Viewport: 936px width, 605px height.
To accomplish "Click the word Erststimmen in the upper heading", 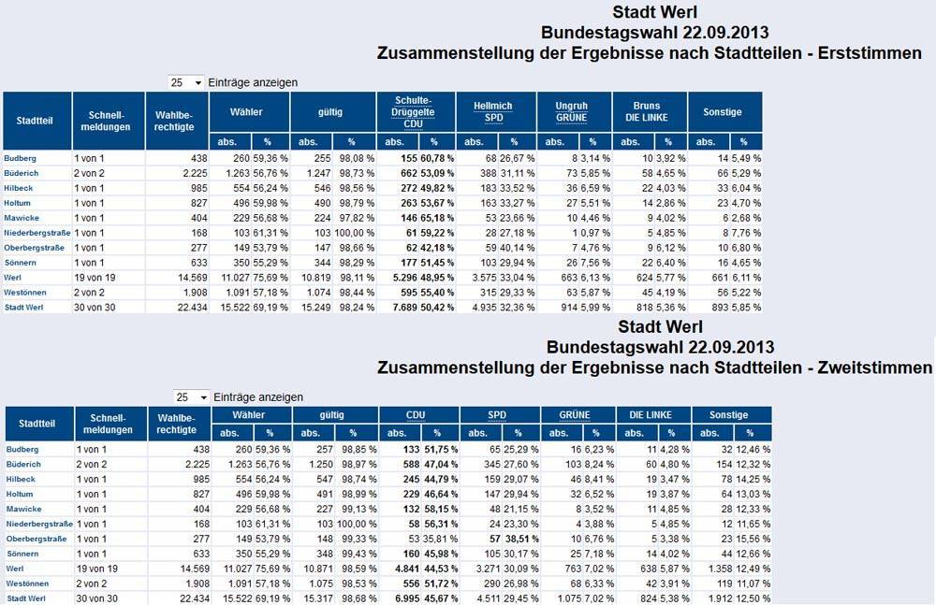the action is [x=870, y=53].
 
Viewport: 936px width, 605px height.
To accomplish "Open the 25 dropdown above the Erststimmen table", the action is [x=186, y=82].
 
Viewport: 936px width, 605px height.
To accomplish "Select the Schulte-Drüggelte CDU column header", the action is [x=413, y=112].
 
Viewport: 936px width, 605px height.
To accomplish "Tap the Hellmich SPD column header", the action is [x=493, y=111].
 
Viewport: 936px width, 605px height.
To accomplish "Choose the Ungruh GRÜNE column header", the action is [x=571, y=111].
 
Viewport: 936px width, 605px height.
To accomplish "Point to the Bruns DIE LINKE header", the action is [x=647, y=111].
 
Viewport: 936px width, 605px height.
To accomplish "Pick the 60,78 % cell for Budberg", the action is [x=437, y=158].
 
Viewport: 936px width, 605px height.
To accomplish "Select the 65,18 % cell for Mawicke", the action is [x=437, y=218].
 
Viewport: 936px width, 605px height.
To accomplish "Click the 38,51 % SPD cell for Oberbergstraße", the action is [x=521, y=539].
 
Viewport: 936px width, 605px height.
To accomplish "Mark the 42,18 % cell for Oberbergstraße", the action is [x=437, y=248].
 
